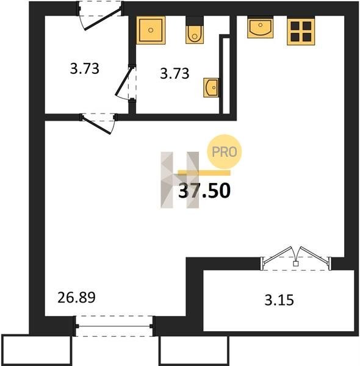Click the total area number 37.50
[204, 190]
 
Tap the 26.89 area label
[76, 298]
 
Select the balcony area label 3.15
[279, 300]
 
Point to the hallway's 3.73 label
[85, 69]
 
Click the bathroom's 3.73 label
[175, 73]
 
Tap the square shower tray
[151, 30]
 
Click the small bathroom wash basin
[211, 87]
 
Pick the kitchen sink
[261, 27]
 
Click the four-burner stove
[301, 31]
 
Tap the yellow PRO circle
[225, 151]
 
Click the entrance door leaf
[103, 20]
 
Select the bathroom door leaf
[123, 81]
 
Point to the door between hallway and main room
[96, 124]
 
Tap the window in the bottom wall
[114, 326]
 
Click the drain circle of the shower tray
[151, 30]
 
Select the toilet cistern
[195, 21]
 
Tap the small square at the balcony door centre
[296, 264]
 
